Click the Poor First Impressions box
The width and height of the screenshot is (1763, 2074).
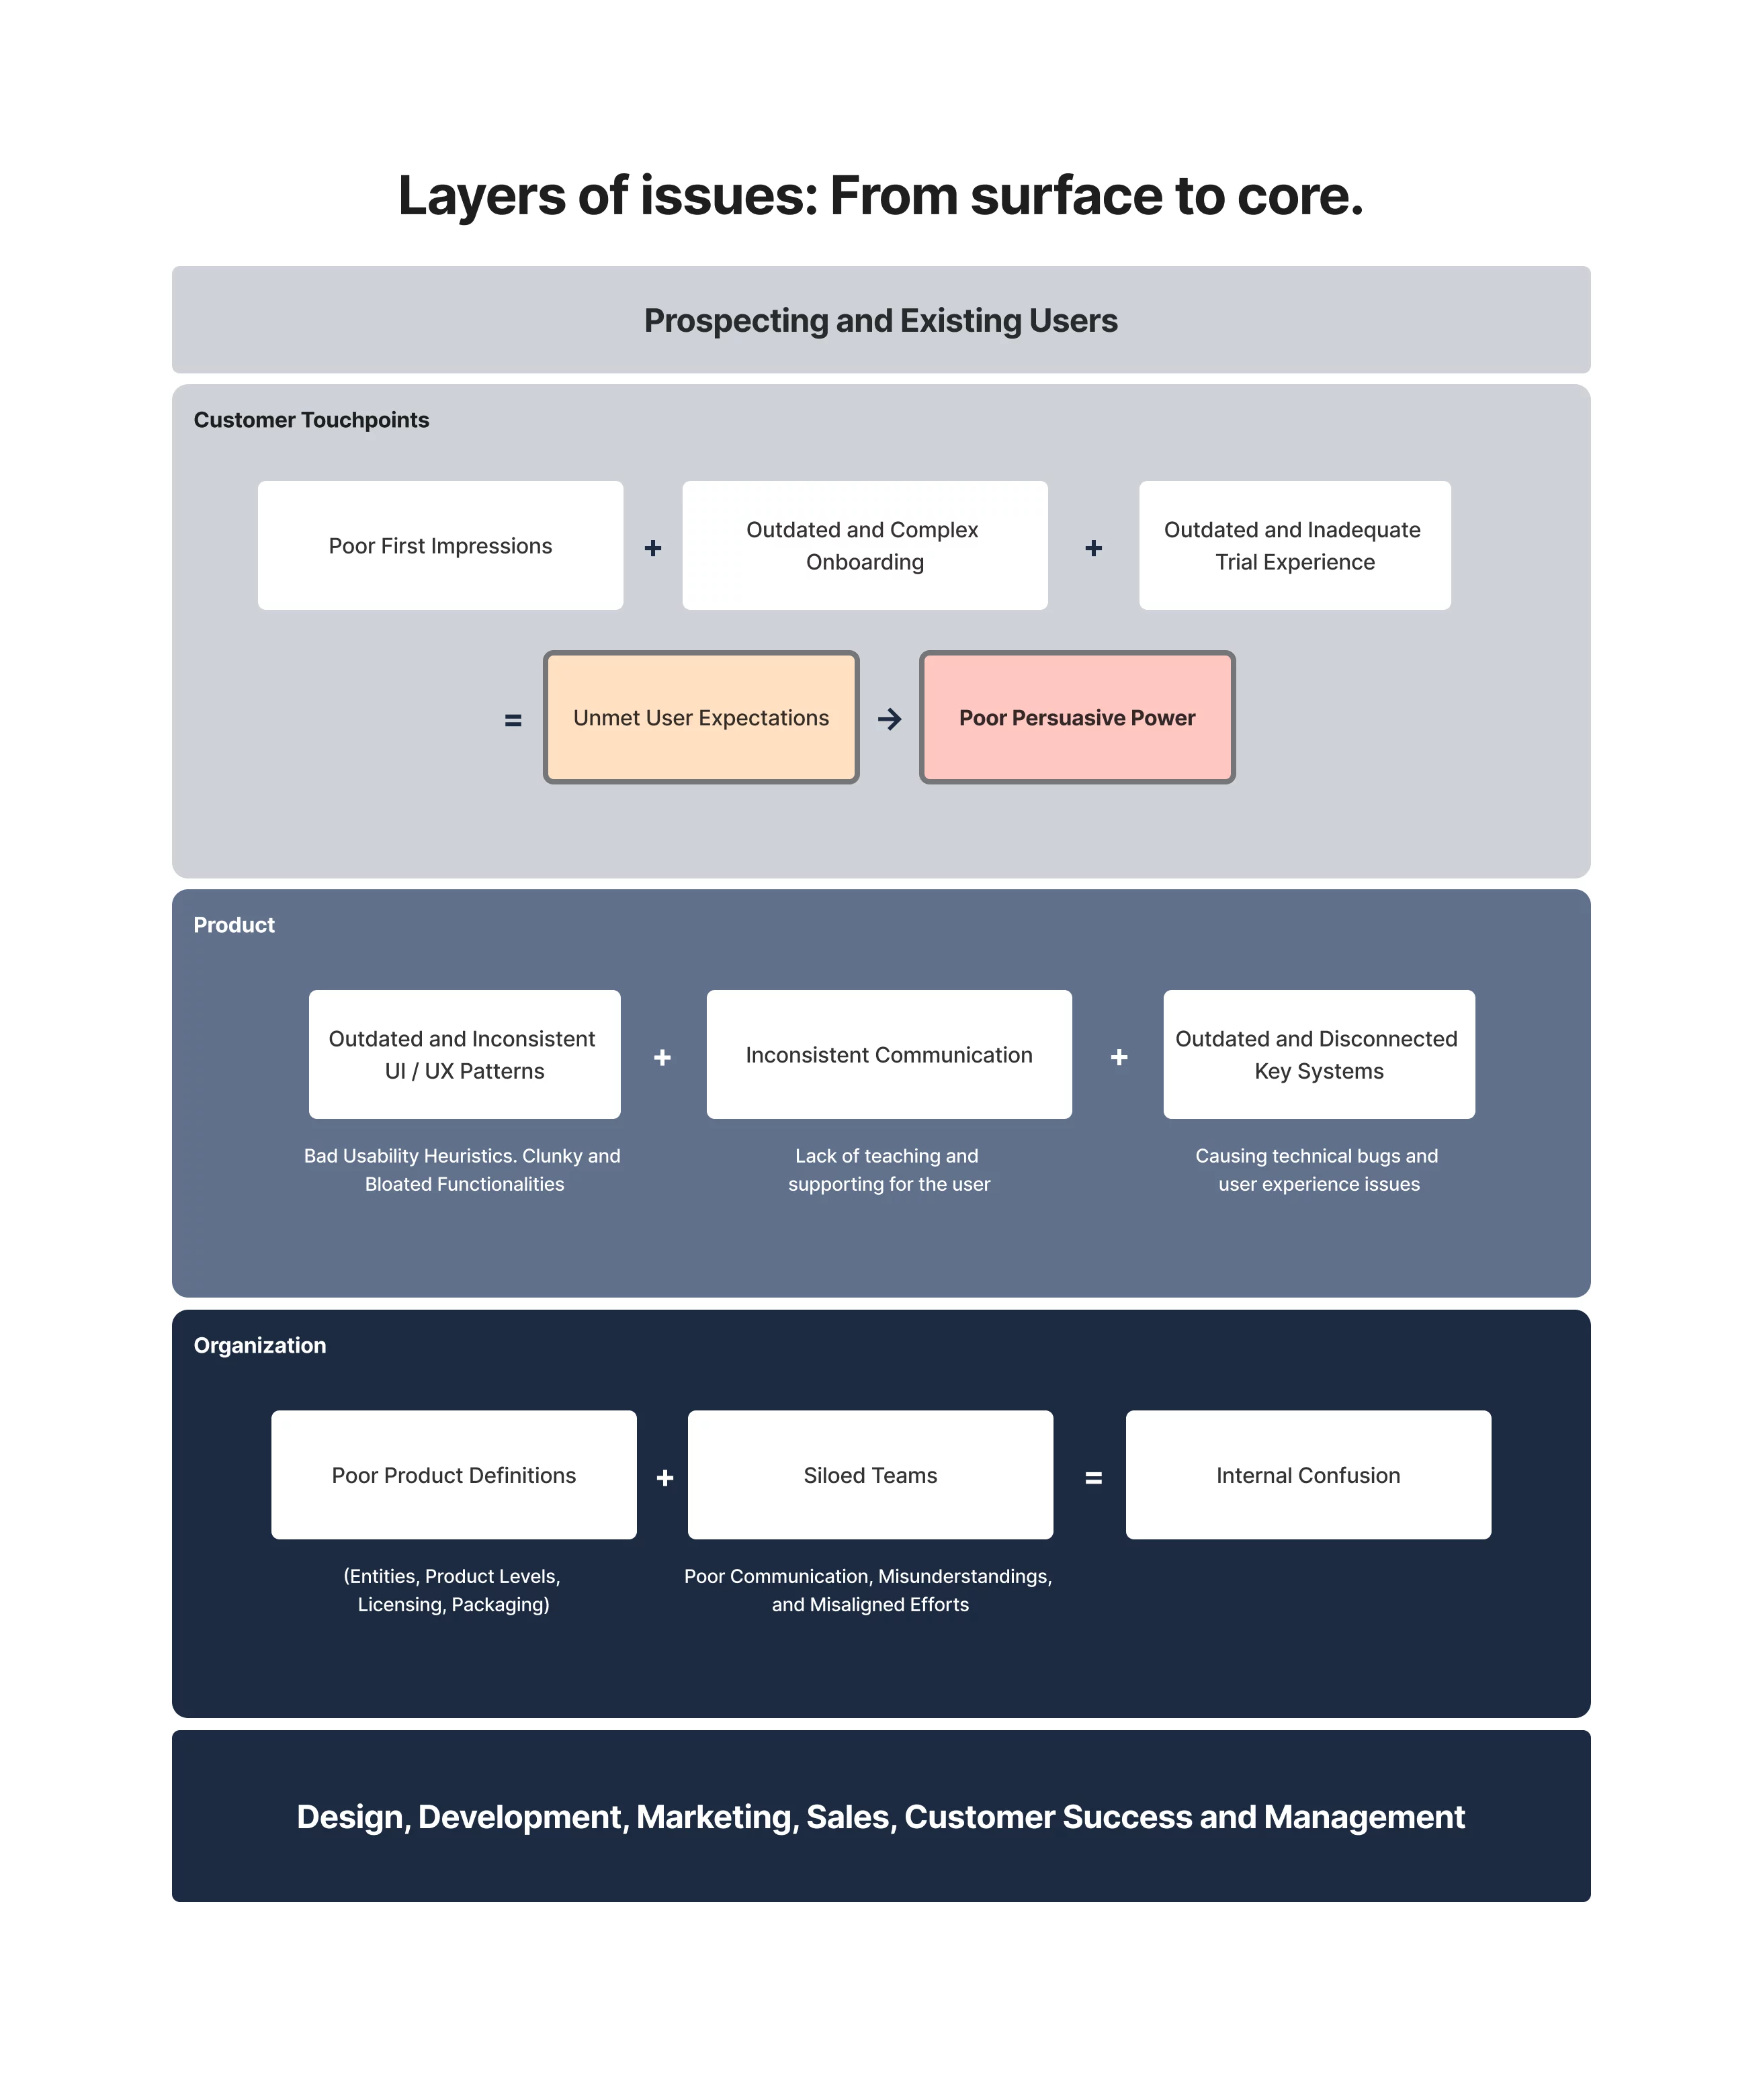coord(440,545)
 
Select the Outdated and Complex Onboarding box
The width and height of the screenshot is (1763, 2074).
coord(865,545)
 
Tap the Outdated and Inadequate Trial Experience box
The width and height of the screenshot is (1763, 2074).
coord(1294,545)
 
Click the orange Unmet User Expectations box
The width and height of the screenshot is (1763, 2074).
coord(701,717)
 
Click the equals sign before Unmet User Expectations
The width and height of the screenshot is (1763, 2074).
coord(513,720)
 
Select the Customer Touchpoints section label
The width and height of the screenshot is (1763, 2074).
coord(311,420)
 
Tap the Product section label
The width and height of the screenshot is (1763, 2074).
coord(234,925)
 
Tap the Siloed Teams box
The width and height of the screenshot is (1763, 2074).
coord(869,1476)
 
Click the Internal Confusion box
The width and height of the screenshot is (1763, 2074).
coord(1307,1476)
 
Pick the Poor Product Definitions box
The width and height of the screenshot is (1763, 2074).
coord(454,1476)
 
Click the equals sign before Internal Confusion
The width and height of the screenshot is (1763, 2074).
coord(1093,1478)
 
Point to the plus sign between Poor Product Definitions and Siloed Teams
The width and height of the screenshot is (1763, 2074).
coord(664,1478)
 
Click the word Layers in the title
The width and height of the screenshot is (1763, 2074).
coord(482,196)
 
